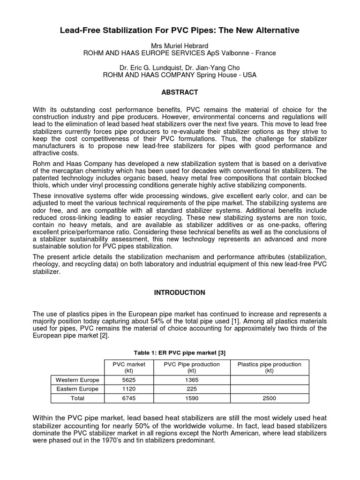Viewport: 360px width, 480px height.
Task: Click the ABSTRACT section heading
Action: click(180, 92)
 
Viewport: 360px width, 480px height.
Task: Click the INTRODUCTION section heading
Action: click(180, 292)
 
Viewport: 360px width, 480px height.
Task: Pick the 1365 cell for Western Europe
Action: click(192, 380)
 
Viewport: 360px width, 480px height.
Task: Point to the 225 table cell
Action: click(192, 389)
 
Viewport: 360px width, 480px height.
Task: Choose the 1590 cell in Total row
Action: click(192, 398)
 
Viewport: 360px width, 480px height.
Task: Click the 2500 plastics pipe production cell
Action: click(270, 398)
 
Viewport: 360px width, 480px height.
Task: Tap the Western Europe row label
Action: click(77, 380)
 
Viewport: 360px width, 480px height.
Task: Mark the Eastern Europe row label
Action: click(77, 389)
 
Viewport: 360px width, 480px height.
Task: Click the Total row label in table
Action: click(77, 398)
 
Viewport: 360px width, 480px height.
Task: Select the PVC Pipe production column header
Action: click(192, 367)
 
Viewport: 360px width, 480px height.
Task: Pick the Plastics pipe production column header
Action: click(270, 367)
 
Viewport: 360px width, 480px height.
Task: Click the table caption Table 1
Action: click(180, 352)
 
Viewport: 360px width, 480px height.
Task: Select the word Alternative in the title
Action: click(275, 30)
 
